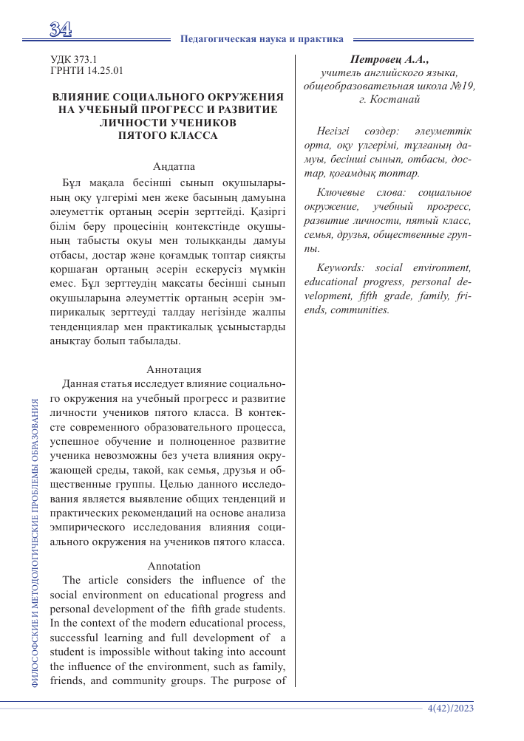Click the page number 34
(x=60, y=30)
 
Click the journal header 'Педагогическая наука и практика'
(x=262, y=38)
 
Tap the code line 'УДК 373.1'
(x=73, y=58)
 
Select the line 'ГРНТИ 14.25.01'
(x=86, y=71)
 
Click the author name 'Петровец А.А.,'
(x=389, y=59)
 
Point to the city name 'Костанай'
(x=395, y=98)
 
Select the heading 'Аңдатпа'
(x=174, y=166)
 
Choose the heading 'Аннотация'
(x=174, y=369)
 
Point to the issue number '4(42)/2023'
(x=450, y=708)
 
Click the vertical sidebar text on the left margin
(x=35, y=543)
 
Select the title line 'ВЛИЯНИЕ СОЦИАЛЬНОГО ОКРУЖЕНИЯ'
(x=169, y=97)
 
